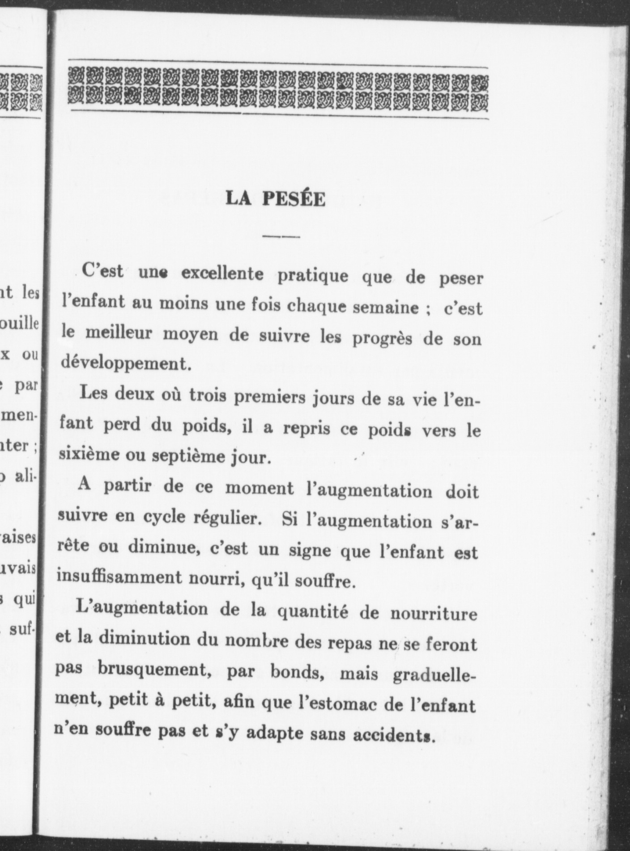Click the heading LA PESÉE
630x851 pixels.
(276, 199)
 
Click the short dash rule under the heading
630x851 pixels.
(281, 236)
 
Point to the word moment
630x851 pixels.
(260, 488)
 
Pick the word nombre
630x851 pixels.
(257, 640)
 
